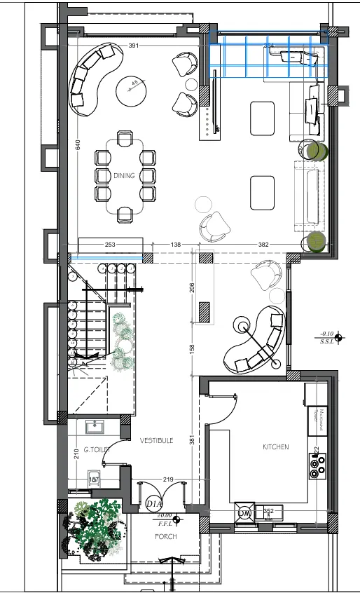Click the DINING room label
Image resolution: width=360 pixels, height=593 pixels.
click(124, 176)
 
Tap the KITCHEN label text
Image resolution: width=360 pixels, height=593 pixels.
click(275, 447)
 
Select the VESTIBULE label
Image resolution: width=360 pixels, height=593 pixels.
click(156, 440)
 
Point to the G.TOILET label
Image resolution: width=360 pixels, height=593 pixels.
click(96, 449)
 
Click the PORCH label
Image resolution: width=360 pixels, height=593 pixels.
click(165, 537)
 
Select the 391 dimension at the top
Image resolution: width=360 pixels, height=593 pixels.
click(134, 46)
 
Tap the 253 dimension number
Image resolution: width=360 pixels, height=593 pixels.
click(110, 245)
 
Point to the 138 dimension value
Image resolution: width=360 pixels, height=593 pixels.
click(176, 245)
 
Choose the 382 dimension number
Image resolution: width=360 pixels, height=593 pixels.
click(263, 245)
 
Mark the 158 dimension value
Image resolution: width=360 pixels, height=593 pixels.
click(193, 348)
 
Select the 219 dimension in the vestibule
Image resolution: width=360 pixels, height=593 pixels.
click(167, 479)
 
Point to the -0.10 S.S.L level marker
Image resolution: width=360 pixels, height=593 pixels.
click(328, 337)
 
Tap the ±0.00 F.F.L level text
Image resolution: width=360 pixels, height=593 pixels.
click(165, 519)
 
